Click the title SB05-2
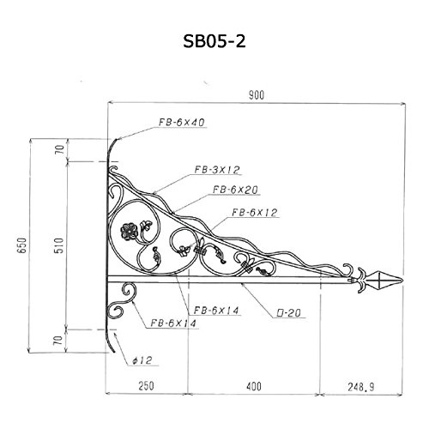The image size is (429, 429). click(x=214, y=42)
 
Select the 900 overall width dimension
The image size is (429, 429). click(x=257, y=95)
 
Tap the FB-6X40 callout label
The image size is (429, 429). click(x=182, y=123)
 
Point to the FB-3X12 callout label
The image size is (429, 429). click(x=217, y=170)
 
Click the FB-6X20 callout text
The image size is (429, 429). click(x=235, y=190)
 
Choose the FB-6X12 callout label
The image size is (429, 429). click(x=255, y=213)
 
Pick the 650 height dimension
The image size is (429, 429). click(x=22, y=245)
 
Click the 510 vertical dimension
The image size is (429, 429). click(x=58, y=245)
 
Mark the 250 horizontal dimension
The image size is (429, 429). click(x=146, y=386)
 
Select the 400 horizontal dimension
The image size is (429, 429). click(x=254, y=386)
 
